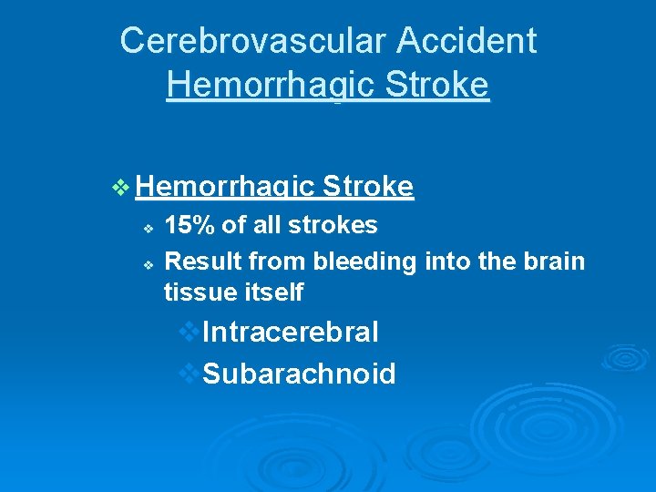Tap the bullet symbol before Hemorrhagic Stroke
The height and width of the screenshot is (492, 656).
coord(121,188)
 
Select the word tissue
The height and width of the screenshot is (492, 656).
coord(193,292)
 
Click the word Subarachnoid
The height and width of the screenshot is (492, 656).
coord(299,374)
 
